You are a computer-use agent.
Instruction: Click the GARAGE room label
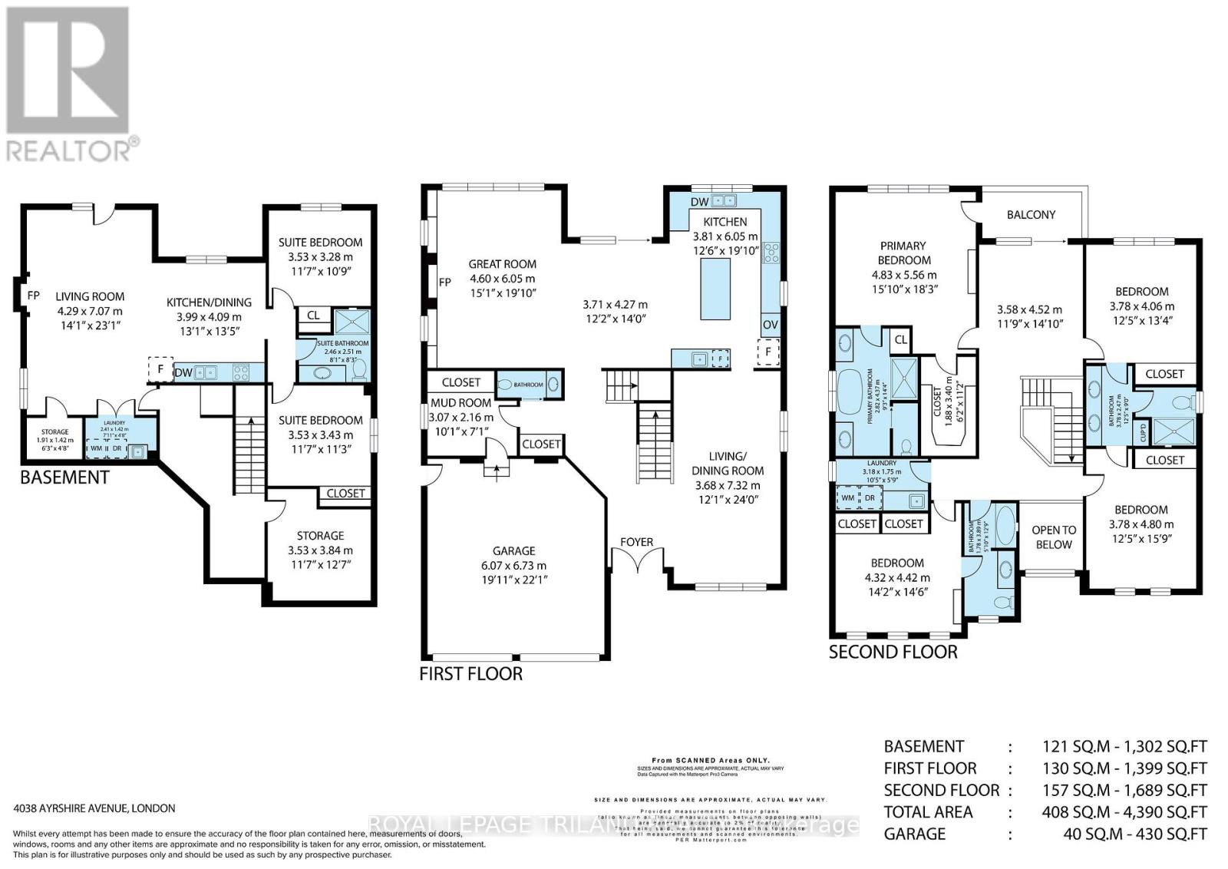pos(513,550)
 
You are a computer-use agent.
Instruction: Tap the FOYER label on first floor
pos(636,542)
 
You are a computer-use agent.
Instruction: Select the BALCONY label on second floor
pos(1031,215)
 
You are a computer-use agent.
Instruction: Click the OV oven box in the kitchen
pos(770,325)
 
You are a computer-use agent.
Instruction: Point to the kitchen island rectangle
pos(715,289)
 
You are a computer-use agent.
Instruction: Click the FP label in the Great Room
pos(444,282)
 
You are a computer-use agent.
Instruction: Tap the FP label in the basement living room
pos(33,295)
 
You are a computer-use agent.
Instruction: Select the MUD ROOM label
pos(460,403)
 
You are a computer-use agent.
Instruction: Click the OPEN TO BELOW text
pos(1053,537)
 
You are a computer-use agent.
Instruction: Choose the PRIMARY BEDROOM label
pos(903,253)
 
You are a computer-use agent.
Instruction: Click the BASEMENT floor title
pos(64,477)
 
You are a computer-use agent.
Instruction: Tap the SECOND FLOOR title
pos(893,653)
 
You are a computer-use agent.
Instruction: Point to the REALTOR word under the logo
pos(69,150)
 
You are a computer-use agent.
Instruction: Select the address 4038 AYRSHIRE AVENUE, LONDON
pos(94,808)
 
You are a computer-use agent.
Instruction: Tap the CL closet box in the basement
pos(314,316)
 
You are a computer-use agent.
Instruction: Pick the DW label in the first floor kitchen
pos(699,202)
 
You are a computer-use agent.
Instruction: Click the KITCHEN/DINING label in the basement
pos(209,302)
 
